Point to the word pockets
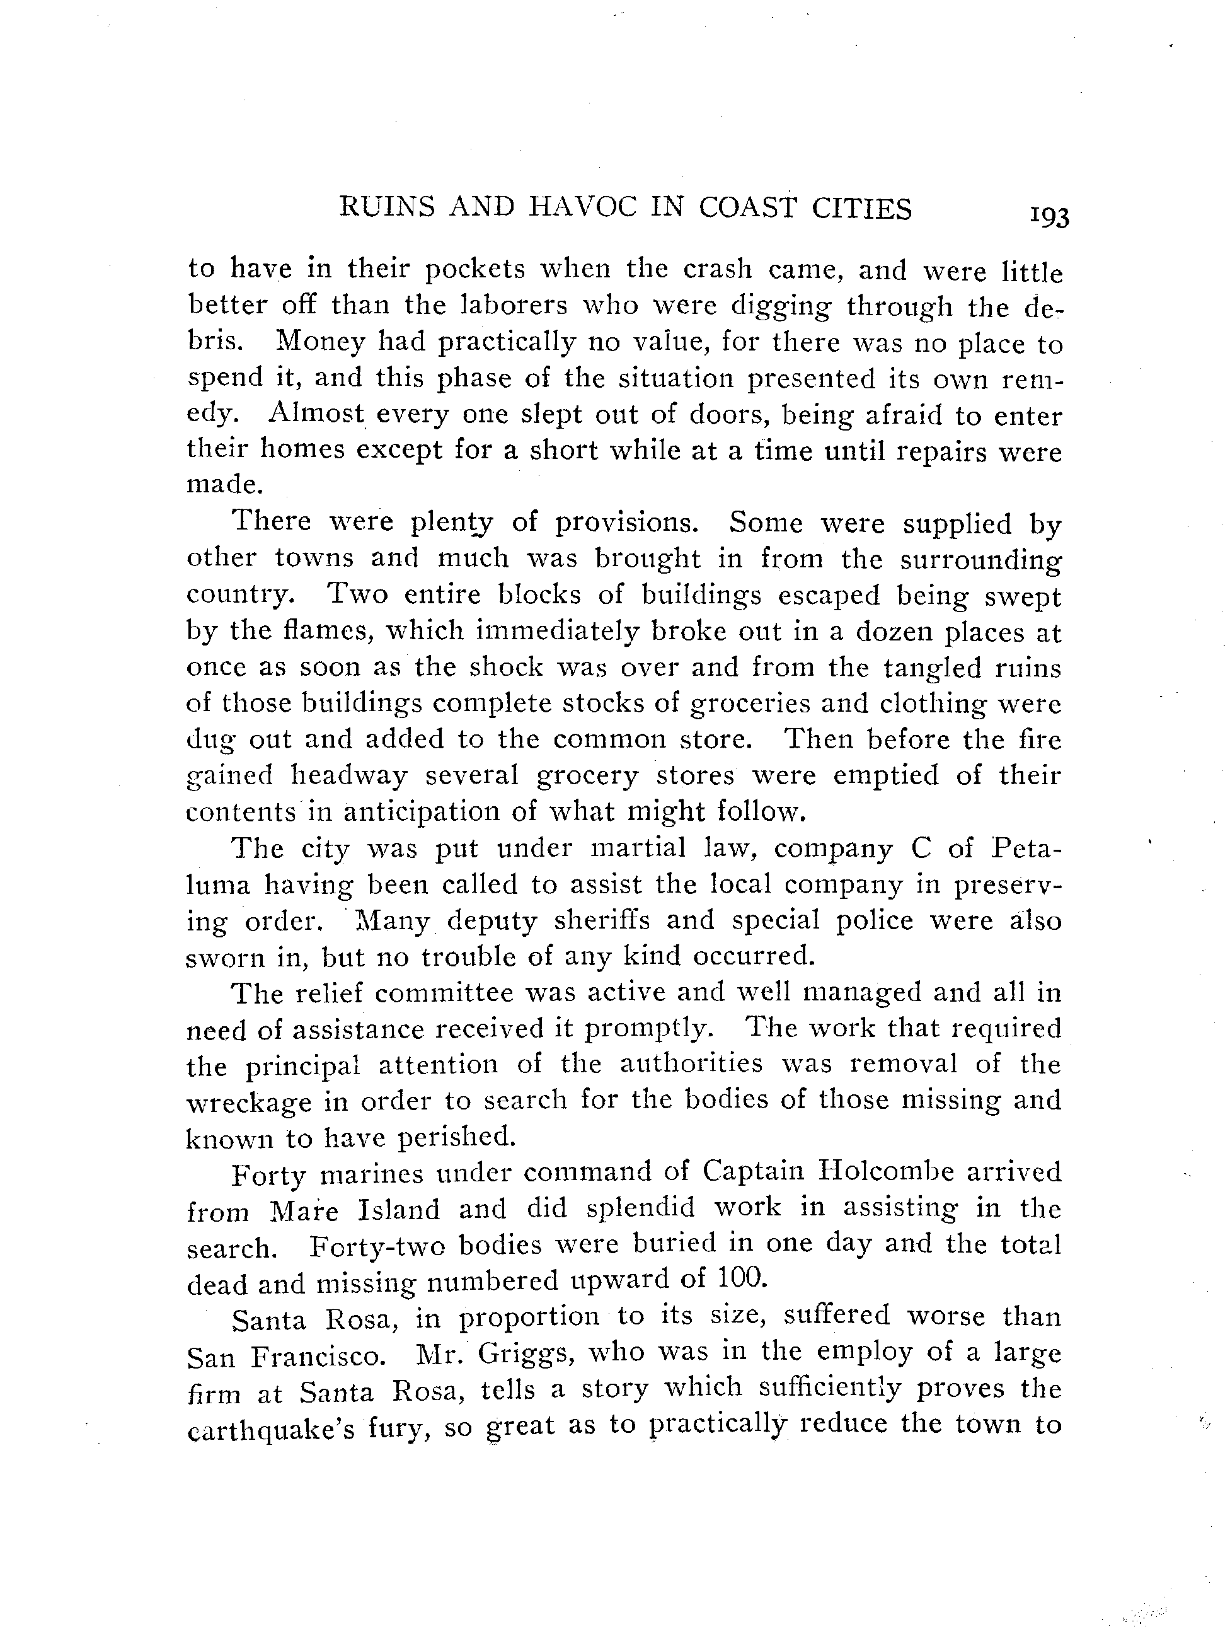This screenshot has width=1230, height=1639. pyautogui.click(x=474, y=269)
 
